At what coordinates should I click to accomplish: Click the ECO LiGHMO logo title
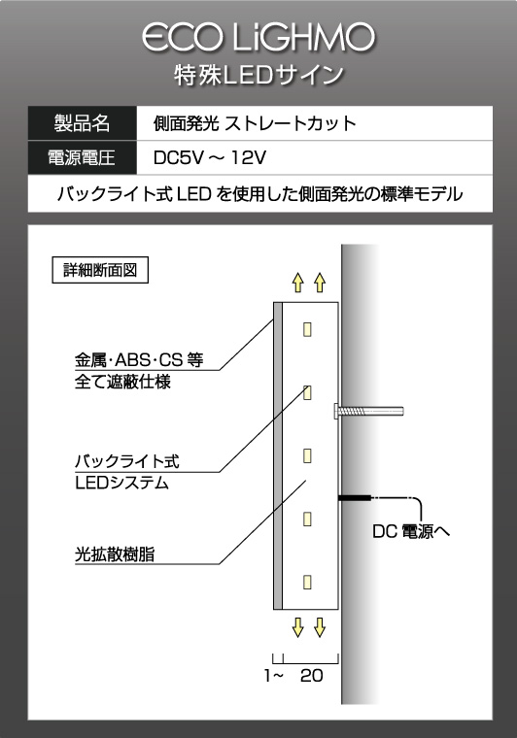258,38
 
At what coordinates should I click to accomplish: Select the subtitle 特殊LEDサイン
258,76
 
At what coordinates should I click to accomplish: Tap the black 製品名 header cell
82,123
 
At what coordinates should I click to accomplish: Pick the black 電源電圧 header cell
82,157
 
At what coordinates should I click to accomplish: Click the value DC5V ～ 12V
210,157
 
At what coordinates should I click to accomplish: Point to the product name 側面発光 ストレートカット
255,123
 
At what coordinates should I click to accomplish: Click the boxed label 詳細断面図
100,270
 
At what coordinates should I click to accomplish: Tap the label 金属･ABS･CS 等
139,360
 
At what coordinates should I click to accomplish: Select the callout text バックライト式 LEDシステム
127,472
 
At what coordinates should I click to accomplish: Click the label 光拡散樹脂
115,554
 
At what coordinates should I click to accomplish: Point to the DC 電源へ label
411,531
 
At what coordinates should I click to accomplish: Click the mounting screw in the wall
368,412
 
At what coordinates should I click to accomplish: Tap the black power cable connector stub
355,497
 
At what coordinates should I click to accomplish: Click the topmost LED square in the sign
307,329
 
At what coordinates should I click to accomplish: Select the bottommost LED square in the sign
307,582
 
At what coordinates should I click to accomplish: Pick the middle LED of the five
307,455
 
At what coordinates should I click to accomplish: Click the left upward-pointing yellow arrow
297,283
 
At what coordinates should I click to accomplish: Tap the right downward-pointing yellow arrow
320,627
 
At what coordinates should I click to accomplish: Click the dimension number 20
312,676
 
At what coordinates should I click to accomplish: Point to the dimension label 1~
274,676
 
